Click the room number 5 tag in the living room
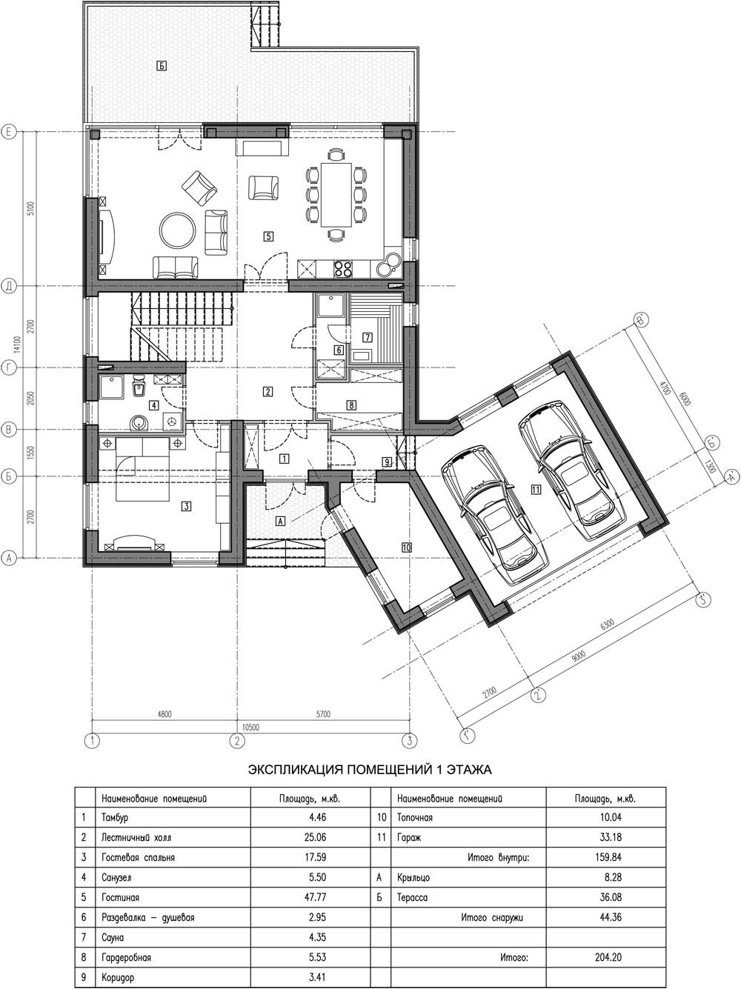coord(268,236)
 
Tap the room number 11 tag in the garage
coord(536,490)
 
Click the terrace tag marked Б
coord(162,66)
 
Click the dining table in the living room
coord(336,195)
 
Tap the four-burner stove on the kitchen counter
coord(343,269)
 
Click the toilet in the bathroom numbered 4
coord(139,387)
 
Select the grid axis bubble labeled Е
coord(9,132)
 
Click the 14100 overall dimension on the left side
coord(19,344)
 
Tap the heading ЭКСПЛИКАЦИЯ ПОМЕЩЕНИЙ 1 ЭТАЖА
coord(370,770)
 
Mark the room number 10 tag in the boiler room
coord(406,547)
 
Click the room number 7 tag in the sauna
coord(368,337)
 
